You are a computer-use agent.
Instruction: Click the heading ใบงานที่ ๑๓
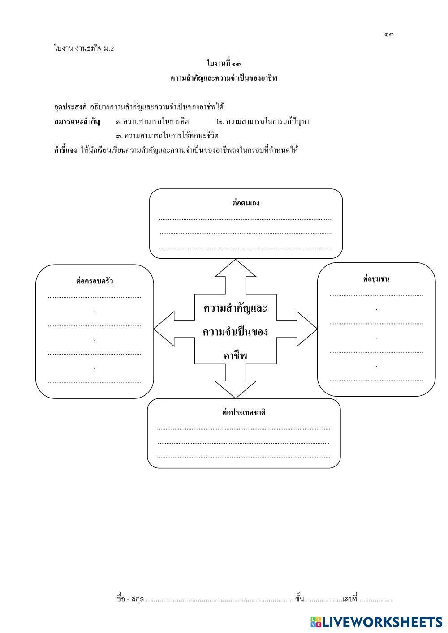[224, 64]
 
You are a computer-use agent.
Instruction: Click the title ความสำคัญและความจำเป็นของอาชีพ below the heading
[224, 78]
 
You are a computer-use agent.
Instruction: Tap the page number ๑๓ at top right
[388, 35]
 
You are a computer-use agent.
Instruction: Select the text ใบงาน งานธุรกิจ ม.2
[84, 48]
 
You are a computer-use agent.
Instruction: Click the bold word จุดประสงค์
[70, 107]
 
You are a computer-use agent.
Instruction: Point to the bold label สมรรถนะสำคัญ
[77, 121]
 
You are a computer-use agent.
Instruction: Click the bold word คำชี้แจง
[65, 150]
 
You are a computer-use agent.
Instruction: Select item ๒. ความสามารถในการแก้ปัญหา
[263, 121]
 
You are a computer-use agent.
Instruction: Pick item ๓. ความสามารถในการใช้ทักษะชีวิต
[167, 136]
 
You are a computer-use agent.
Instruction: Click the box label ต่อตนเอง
[246, 203]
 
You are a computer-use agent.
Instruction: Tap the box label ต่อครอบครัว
[95, 282]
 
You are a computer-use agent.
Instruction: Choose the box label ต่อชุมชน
[376, 279]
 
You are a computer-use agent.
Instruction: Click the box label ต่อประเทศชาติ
[244, 413]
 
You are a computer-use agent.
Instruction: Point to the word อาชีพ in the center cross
[235, 356]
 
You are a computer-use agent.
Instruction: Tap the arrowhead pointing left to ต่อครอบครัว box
[164, 329]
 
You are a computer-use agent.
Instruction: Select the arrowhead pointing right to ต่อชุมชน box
[307, 329]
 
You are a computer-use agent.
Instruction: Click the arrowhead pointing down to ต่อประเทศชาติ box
[235, 389]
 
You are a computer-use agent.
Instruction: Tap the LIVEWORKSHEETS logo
[376, 622]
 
